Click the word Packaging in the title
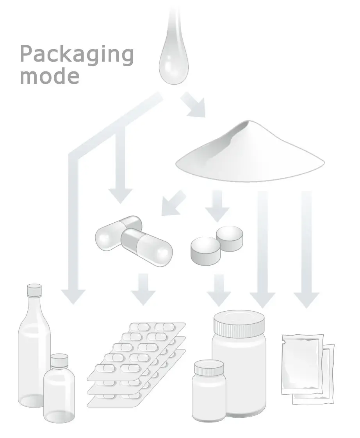tap(77, 55)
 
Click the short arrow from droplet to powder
tap(194, 105)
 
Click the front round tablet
tap(205, 251)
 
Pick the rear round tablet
tap(230, 238)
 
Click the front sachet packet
tap(302, 363)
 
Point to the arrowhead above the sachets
tap(307, 298)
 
